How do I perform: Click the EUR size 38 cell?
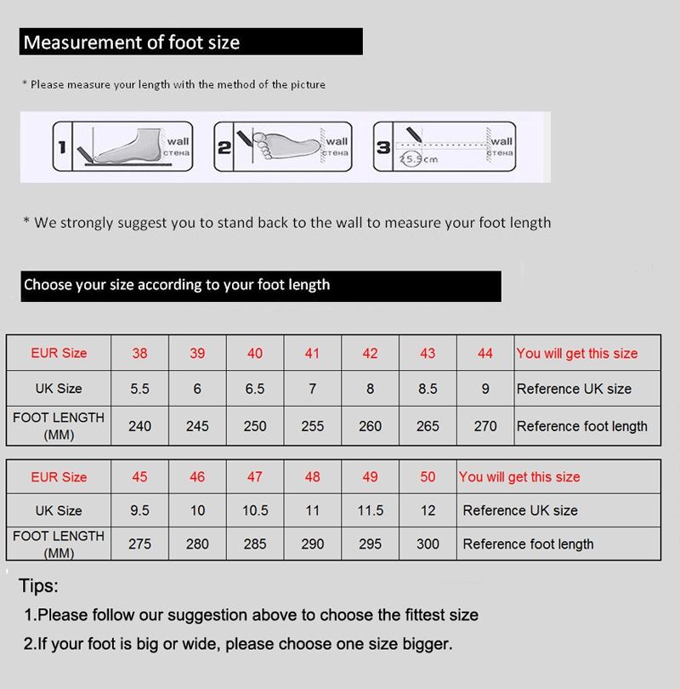pyautogui.click(x=139, y=353)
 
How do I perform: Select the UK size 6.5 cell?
pyautogui.click(x=255, y=389)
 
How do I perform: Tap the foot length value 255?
pyautogui.click(x=312, y=426)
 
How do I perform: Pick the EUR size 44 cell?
pyautogui.click(x=485, y=353)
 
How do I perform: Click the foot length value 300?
pyautogui.click(x=428, y=544)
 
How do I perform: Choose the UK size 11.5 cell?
pyautogui.click(x=370, y=510)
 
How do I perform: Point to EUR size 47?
pyautogui.click(x=255, y=477)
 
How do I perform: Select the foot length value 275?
pyautogui.click(x=139, y=544)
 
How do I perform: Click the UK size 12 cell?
pyautogui.click(x=428, y=510)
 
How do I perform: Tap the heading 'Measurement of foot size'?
pyautogui.click(x=132, y=43)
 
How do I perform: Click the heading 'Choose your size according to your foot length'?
pyautogui.click(x=177, y=285)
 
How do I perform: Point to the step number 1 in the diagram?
pyautogui.click(x=62, y=147)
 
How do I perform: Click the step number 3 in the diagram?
pyautogui.click(x=383, y=147)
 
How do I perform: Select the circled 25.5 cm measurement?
pyautogui.click(x=418, y=159)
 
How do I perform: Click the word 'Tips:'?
pyautogui.click(x=38, y=586)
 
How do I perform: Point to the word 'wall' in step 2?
pyautogui.click(x=337, y=141)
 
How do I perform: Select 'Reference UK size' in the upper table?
pyautogui.click(x=574, y=389)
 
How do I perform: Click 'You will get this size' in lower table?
pyautogui.click(x=519, y=477)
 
